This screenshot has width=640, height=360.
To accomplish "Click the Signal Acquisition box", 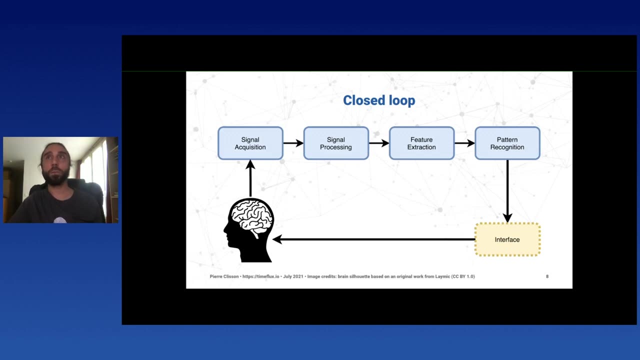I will tap(250, 143).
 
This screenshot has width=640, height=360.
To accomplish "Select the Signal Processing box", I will tap(336, 143).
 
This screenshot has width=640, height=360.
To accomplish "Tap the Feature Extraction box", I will tap(421, 143).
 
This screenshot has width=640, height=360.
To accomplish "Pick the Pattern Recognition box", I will tap(507, 143).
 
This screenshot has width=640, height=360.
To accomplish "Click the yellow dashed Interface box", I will tap(507, 239).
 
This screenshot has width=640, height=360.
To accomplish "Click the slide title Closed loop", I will tap(379, 100).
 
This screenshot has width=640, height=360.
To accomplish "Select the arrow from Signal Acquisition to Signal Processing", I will tap(293, 143).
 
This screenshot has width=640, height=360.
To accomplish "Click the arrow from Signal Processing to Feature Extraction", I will tap(378, 143).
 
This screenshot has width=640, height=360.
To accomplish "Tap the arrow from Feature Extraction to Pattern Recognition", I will tap(464, 143).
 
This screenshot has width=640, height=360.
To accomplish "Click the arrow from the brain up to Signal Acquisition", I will tap(250, 178).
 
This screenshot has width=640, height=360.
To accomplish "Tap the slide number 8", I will tap(547, 276).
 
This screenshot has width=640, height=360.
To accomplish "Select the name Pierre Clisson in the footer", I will tap(224, 276).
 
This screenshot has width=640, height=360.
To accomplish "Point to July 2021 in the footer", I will tap(293, 276).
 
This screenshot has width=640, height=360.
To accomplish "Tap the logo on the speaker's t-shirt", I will tap(60, 220).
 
